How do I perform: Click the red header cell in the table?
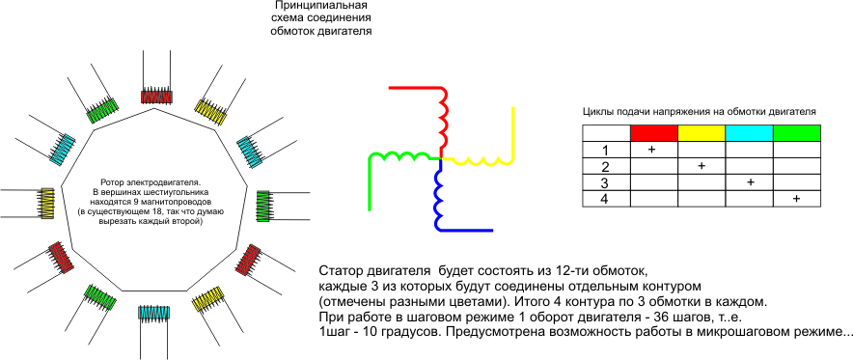(654, 133)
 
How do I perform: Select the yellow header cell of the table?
(702, 133)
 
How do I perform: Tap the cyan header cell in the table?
(749, 133)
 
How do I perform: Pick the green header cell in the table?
(796, 133)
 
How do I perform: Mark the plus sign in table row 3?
(751, 182)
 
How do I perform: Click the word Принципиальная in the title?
(321, 7)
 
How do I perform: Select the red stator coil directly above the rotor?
(157, 97)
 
